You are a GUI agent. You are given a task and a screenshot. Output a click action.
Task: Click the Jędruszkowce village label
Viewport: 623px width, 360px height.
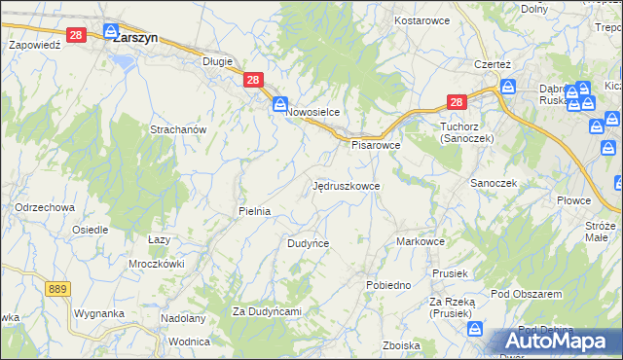(x=347, y=185)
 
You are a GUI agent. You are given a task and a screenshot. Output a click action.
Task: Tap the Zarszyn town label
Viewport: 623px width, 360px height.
(x=135, y=40)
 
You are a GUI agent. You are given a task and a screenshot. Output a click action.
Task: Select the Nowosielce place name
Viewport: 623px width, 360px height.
(x=312, y=112)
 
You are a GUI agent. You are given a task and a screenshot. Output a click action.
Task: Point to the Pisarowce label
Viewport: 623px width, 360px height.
(x=376, y=145)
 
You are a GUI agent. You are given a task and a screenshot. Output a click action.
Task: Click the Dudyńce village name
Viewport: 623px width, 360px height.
(x=308, y=243)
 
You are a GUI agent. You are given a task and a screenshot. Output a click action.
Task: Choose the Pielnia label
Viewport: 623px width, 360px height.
(x=254, y=210)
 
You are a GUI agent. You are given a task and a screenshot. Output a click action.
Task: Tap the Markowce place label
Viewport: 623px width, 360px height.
(x=421, y=241)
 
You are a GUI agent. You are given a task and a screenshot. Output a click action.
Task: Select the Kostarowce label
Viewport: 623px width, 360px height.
(x=420, y=19)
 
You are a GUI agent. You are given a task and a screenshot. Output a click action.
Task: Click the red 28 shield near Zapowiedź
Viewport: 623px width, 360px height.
(x=78, y=33)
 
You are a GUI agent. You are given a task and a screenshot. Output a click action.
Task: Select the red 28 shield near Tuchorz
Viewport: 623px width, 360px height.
(x=458, y=100)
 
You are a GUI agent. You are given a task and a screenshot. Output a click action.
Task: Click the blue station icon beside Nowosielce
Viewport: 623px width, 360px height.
(x=279, y=103)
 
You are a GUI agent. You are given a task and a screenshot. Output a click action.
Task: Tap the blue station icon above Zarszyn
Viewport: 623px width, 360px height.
(x=111, y=31)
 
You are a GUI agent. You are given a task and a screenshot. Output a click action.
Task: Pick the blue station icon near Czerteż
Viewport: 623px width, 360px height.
(x=507, y=87)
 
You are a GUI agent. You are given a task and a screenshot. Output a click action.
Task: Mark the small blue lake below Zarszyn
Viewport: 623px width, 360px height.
(x=124, y=61)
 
